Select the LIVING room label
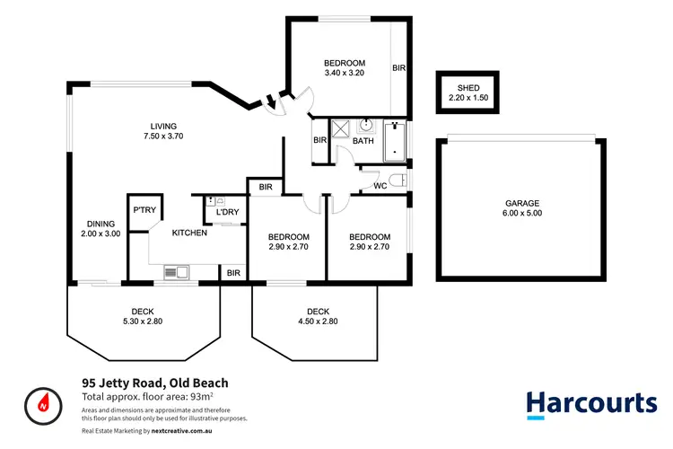click(164, 126)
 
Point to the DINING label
click(101, 224)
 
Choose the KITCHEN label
click(190, 233)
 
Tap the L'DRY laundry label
click(227, 212)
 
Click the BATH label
click(363, 141)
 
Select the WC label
click(380, 186)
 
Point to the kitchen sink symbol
click(175, 271)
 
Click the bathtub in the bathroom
click(396, 141)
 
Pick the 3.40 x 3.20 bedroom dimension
click(345, 73)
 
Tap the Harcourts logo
click(590, 403)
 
